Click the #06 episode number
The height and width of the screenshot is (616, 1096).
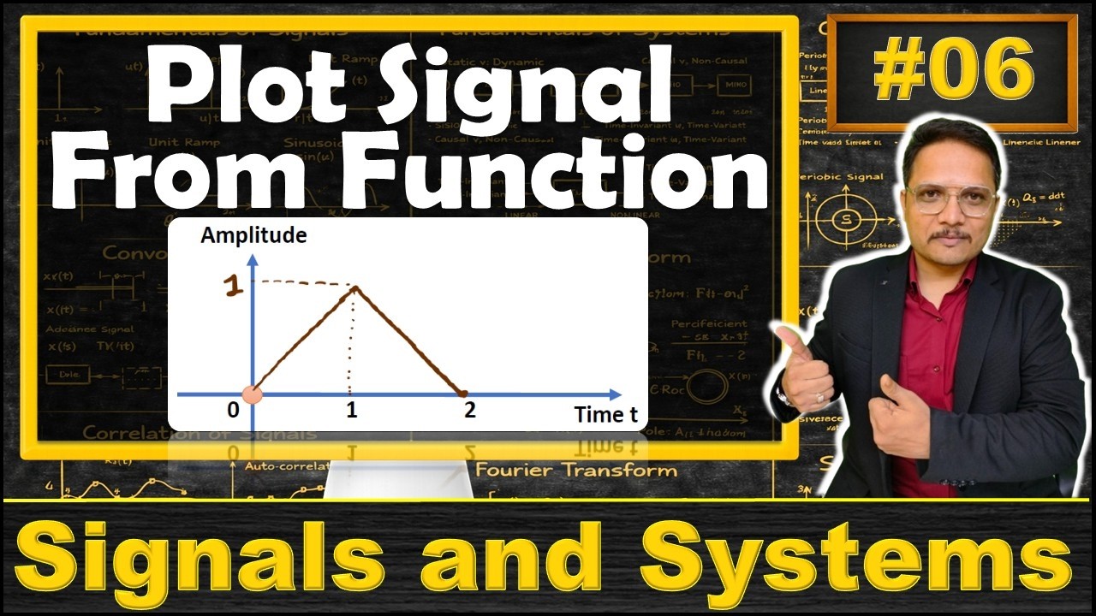[x=953, y=72]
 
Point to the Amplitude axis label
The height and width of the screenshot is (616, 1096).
[x=253, y=235]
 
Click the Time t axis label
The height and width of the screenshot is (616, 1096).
[x=605, y=415]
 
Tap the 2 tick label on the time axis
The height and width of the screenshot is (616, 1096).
[x=469, y=410]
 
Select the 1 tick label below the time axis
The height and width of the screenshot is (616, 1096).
[x=352, y=410]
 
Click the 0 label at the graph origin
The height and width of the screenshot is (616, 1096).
[x=233, y=410]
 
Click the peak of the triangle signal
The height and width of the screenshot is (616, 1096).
[x=354, y=288]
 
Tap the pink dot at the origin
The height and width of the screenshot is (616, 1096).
[x=253, y=394]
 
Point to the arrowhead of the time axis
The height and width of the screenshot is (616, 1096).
[x=615, y=394]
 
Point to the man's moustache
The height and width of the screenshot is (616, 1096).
[x=951, y=234]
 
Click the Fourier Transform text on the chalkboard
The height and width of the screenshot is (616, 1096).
[x=575, y=470]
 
